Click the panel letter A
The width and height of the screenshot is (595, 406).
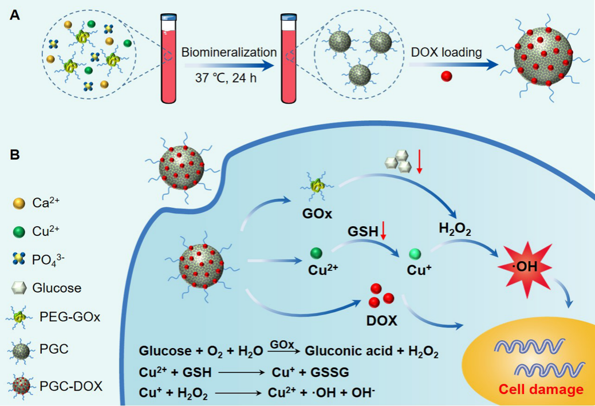tap(15, 15)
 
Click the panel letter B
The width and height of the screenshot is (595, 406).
tap(15, 155)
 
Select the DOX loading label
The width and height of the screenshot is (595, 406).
tap(447, 53)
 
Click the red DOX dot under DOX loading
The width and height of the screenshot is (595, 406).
tap(447, 76)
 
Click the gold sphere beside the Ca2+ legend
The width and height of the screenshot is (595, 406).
tap(19, 203)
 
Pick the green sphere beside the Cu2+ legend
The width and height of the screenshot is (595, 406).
tap(19, 231)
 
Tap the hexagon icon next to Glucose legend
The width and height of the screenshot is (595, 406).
tap(19, 287)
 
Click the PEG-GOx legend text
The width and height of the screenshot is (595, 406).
tap(70, 316)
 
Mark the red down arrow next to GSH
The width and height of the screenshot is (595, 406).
tap(383, 231)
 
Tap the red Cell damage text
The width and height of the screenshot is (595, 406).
tap(541, 390)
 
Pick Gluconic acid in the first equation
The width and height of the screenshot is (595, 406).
tap(344, 352)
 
